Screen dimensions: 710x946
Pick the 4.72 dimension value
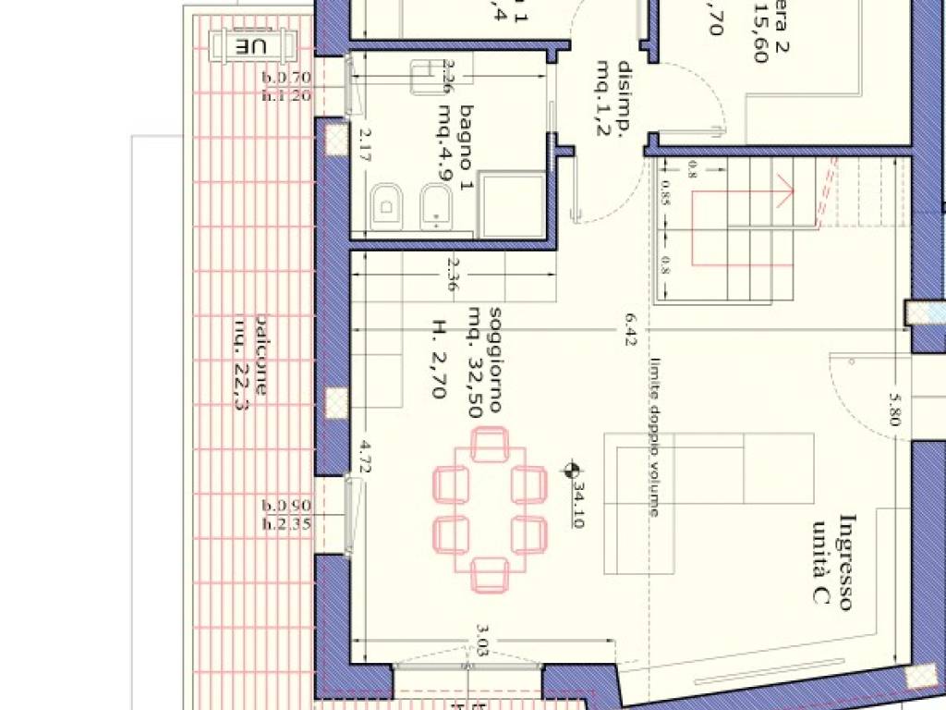[x=365, y=459]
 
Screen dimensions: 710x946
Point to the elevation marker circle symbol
[x=573, y=471]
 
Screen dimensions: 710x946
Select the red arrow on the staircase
[x=784, y=193]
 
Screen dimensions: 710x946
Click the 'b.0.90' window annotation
[x=286, y=506]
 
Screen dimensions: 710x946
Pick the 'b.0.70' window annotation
[x=286, y=79]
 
